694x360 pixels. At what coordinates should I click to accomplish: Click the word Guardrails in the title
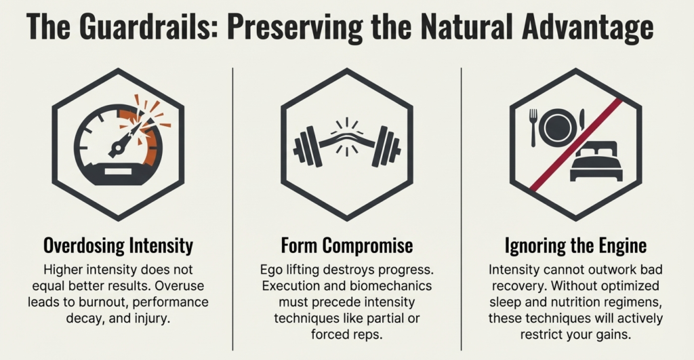click(x=136, y=28)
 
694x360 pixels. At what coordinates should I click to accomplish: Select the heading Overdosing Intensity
click(x=118, y=245)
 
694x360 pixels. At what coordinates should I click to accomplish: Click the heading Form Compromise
click(x=346, y=245)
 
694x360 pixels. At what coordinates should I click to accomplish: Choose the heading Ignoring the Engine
click(x=575, y=245)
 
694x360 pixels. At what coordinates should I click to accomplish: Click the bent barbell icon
click(x=347, y=144)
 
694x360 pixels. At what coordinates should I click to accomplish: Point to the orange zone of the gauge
click(x=152, y=142)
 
